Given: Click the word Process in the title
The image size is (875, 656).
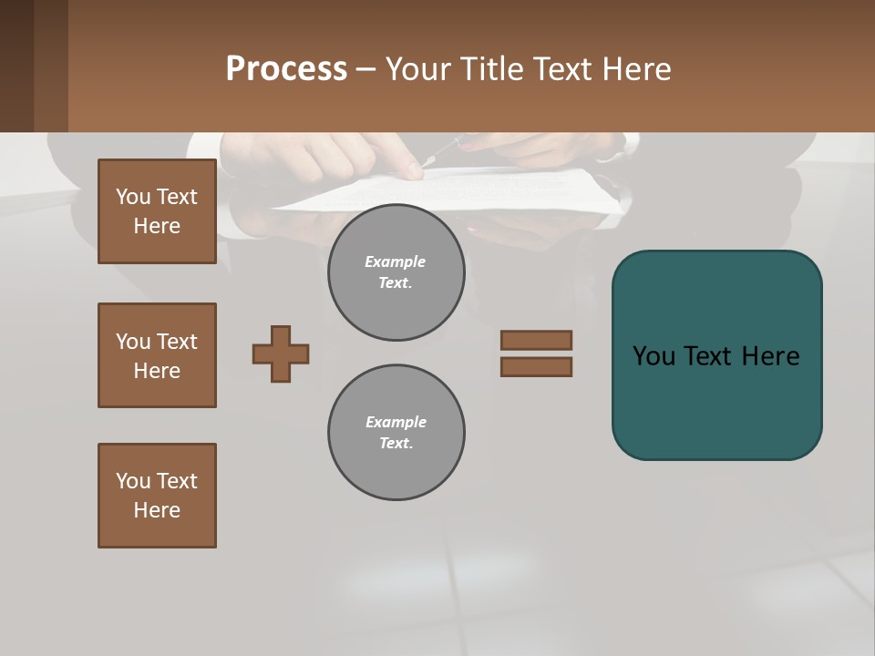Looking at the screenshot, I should (286, 69).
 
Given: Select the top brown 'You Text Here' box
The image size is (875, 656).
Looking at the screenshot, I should (157, 211).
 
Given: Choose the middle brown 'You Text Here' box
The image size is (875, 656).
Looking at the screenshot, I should (157, 355).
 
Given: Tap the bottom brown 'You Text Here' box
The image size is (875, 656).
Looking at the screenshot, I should (157, 496).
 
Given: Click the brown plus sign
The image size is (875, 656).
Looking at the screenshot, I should (281, 354).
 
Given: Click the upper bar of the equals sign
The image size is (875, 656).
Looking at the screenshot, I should (536, 341).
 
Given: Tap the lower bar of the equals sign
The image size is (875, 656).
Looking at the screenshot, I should (536, 366).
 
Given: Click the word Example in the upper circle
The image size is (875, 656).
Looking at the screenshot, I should (395, 261).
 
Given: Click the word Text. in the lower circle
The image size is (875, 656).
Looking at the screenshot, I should (396, 444).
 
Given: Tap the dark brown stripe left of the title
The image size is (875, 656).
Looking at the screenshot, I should (51, 66).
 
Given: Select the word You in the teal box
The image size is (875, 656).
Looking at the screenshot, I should (654, 356).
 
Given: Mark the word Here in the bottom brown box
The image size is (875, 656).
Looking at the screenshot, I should (157, 511).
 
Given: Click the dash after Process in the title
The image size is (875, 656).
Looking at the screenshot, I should (366, 70).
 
